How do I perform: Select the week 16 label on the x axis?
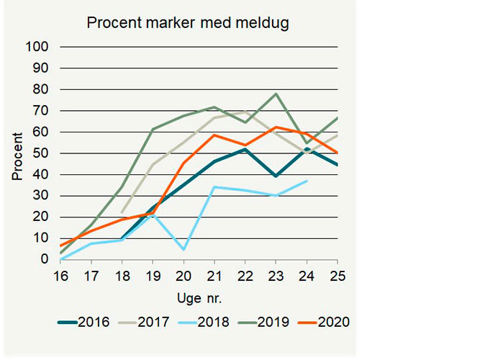pyautogui.click(x=62, y=274)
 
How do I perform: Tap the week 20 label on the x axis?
pyautogui.click(x=184, y=274)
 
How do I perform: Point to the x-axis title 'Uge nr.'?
pyautogui.click(x=196, y=297)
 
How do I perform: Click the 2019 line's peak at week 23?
pyautogui.click(x=276, y=94)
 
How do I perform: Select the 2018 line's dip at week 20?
pyautogui.click(x=184, y=250)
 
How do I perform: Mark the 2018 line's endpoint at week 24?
pyautogui.click(x=307, y=181)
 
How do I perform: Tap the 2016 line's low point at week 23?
pyautogui.click(x=276, y=176)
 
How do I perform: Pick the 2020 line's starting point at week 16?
pyautogui.click(x=62, y=246)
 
